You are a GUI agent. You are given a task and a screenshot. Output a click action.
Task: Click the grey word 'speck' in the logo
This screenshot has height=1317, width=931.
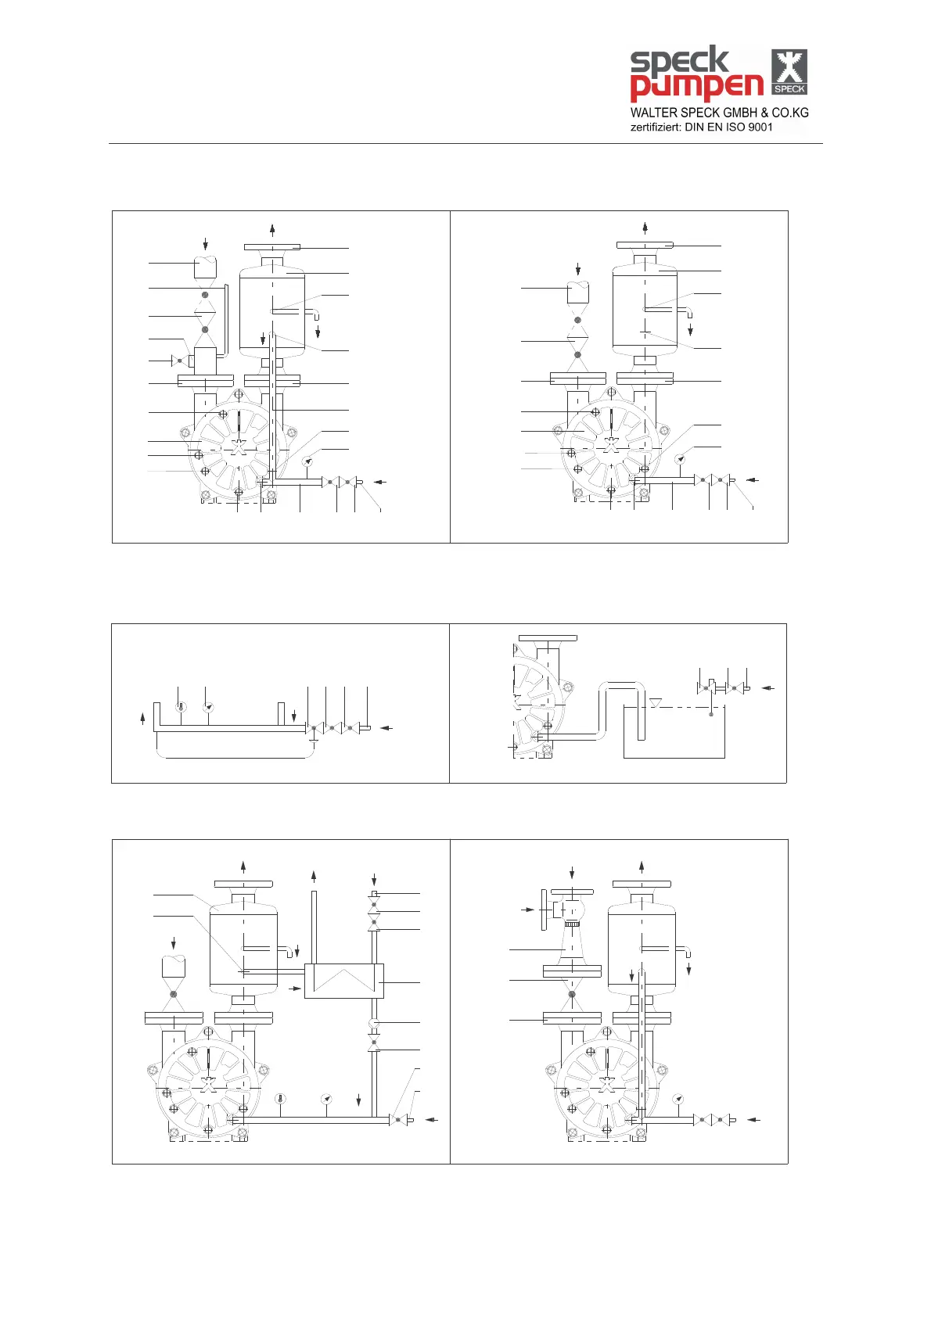tap(679, 61)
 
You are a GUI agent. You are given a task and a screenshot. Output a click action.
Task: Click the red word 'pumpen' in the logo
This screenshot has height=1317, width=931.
tap(696, 86)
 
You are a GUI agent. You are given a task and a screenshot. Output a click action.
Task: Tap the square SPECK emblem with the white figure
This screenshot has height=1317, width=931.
tap(789, 72)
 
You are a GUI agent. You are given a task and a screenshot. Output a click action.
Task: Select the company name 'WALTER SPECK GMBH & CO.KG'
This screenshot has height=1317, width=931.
tap(719, 113)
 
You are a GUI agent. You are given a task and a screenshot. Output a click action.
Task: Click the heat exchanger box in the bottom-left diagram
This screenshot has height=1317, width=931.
tap(343, 981)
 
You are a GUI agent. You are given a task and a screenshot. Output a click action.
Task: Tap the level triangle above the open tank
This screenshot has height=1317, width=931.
tap(656, 703)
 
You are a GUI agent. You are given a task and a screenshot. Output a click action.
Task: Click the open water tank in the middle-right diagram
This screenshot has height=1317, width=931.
tap(674, 732)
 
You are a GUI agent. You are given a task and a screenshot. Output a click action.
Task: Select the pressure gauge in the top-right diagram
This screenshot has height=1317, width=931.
tap(681, 458)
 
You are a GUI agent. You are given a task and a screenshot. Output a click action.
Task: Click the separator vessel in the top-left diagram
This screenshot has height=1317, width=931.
tap(271, 311)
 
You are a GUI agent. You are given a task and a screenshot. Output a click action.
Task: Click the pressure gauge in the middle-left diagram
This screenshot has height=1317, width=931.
tap(208, 707)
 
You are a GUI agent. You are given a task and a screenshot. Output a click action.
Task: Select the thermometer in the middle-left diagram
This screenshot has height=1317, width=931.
tap(181, 707)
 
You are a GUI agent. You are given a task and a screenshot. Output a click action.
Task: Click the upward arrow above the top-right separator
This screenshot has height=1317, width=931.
tap(645, 228)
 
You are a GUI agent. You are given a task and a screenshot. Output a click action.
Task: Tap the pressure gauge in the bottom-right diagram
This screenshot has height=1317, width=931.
tap(678, 1100)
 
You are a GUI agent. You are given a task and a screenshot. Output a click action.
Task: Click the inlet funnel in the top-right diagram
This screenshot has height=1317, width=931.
tap(577, 293)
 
